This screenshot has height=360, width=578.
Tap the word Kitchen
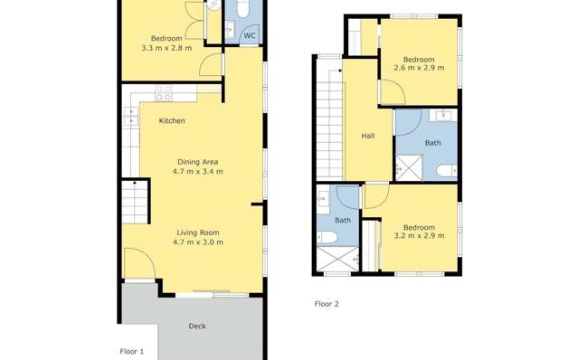coord(172,121)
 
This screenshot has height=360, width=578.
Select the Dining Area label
coord(197,162)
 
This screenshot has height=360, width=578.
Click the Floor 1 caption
coord(132,351)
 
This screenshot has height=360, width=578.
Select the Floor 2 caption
coord(326,304)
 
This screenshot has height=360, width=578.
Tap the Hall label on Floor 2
coord(368,137)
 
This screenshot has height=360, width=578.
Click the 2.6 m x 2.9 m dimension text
coord(419,67)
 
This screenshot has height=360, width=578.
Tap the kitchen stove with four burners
coord(164,93)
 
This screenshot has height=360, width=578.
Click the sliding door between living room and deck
coord(212,295)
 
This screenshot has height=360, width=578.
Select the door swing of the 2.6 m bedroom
coord(391,93)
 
